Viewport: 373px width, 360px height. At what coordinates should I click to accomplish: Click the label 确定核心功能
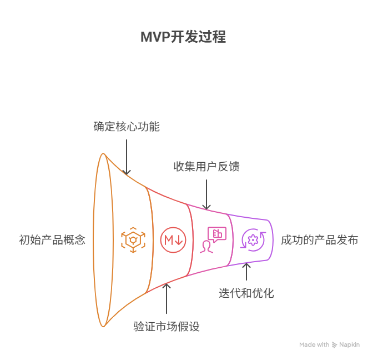[127, 127]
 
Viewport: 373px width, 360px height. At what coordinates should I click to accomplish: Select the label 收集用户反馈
[206, 166]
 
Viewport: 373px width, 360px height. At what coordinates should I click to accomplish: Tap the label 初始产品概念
[52, 240]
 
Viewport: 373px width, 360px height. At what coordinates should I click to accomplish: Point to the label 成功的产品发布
[319, 240]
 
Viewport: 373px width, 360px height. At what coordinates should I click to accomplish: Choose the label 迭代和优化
[246, 293]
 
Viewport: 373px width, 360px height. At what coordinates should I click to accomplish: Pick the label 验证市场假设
[167, 326]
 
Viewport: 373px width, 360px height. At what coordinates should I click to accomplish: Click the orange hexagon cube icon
[133, 240]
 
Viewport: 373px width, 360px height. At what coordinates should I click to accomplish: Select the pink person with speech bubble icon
[213, 239]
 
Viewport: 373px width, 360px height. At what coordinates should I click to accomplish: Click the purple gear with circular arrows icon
[254, 240]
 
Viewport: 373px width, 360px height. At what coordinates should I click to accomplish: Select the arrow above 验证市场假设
[167, 300]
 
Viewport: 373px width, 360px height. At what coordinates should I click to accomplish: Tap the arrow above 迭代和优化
[247, 272]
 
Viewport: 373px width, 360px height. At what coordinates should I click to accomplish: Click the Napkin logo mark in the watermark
[335, 344]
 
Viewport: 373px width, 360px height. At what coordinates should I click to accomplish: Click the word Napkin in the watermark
[349, 344]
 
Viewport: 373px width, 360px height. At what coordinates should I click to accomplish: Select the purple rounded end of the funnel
[270, 240]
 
